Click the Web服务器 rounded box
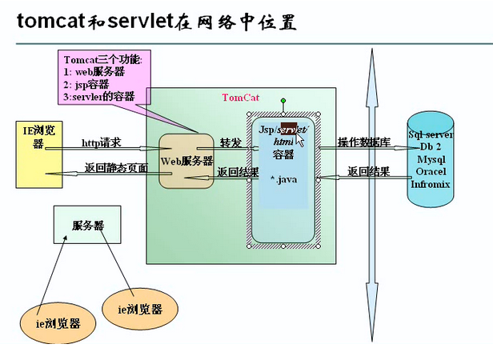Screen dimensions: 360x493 point(186,161)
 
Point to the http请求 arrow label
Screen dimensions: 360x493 point(102,143)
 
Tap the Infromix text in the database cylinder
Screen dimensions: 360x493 point(430,184)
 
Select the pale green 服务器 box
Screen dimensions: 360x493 point(87,224)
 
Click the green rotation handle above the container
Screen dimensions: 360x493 point(283,101)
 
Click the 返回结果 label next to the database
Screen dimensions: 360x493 point(368,171)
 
